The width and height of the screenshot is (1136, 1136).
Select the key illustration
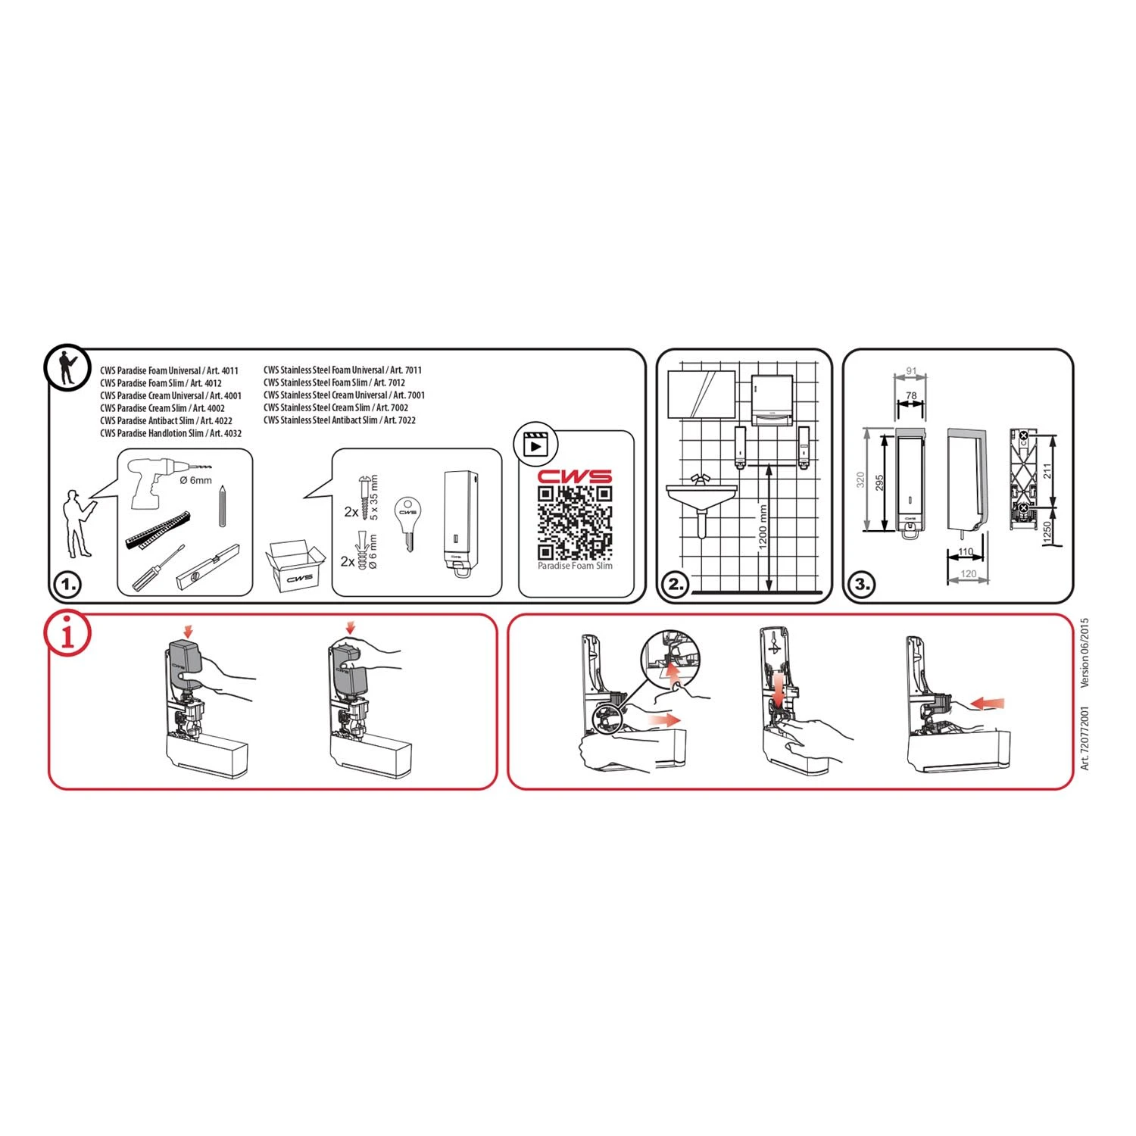(x=408, y=523)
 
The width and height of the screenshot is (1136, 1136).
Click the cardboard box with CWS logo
(x=295, y=566)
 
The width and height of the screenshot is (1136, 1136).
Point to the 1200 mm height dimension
(x=763, y=527)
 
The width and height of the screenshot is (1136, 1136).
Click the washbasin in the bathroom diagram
(x=701, y=495)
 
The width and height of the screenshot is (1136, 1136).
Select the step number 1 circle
(x=67, y=585)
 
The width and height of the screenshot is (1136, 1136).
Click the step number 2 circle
(x=675, y=585)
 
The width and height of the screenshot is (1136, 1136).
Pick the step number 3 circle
(x=863, y=585)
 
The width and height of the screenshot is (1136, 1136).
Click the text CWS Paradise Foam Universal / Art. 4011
(x=170, y=370)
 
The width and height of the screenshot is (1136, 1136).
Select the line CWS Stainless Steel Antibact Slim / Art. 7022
(x=339, y=420)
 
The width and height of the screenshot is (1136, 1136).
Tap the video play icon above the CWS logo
(x=535, y=445)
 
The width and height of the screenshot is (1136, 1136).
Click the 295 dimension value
(x=880, y=482)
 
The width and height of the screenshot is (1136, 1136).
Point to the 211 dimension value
(x=1047, y=472)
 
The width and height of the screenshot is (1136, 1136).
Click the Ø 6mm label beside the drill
(x=195, y=480)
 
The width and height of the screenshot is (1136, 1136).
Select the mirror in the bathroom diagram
(x=702, y=393)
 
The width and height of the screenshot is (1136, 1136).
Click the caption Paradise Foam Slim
(x=575, y=566)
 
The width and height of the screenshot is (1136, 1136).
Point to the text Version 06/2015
(x=1085, y=653)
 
